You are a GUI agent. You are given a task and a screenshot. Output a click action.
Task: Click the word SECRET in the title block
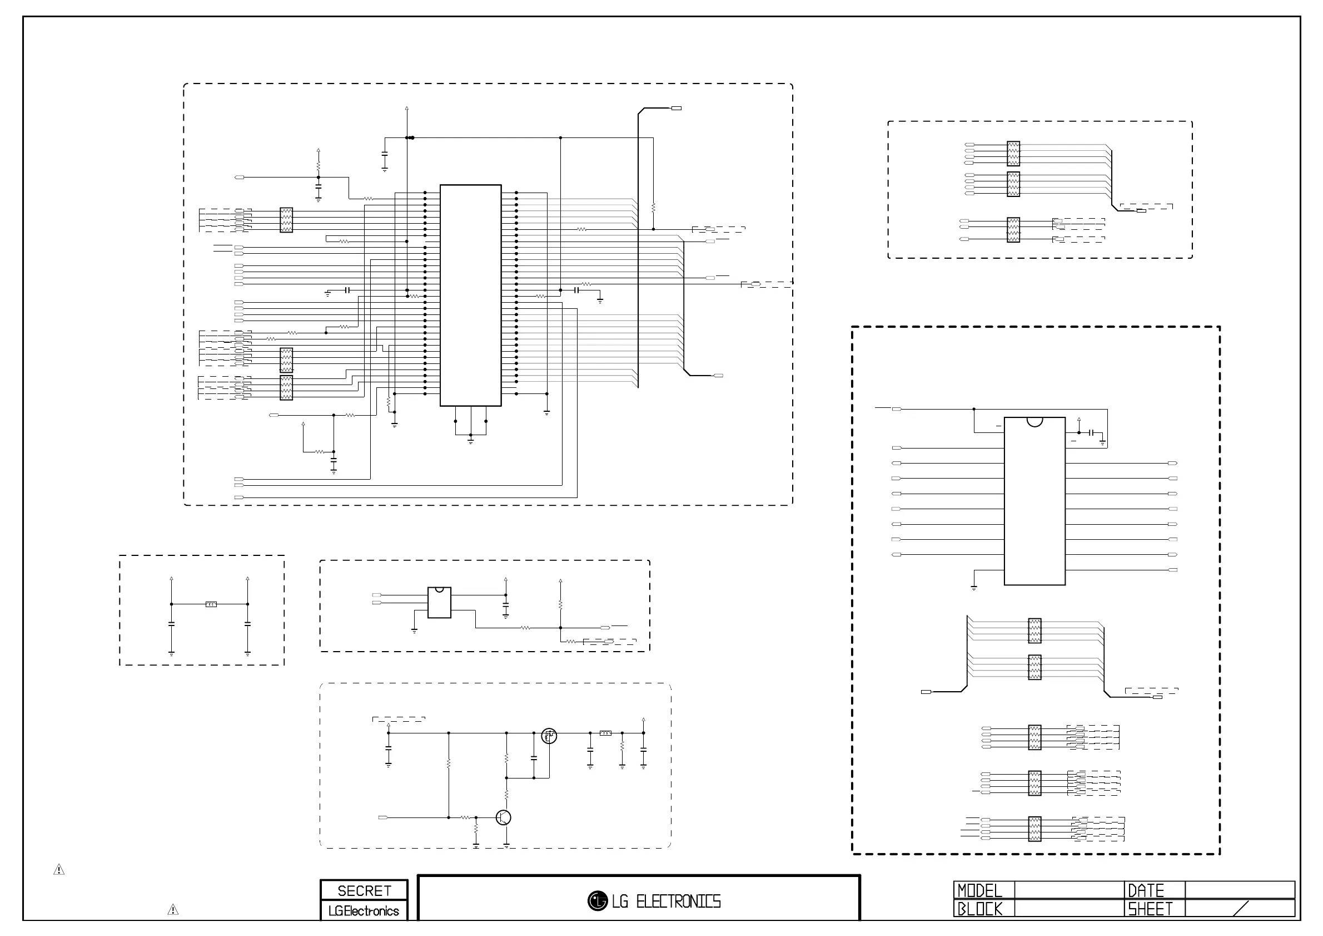pos(364,891)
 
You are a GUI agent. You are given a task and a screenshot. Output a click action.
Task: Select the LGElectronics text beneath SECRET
pos(364,911)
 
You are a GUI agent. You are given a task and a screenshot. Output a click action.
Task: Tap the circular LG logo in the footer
pos(598,901)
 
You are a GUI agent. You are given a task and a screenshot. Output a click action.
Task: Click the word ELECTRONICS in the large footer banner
pos(678,901)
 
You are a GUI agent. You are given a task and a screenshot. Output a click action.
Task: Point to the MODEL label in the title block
pos(979,891)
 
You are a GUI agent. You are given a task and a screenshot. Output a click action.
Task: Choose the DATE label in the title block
pos(1146,891)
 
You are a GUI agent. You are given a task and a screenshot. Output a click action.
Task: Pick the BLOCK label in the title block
pos(979,909)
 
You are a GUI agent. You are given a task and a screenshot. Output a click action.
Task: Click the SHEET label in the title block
pos(1150,909)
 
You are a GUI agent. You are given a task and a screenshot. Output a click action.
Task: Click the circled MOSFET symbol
pos(549,736)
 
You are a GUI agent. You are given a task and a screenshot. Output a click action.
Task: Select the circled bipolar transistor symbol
pos(504,817)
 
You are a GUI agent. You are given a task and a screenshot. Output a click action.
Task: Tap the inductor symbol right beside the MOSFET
pos(605,733)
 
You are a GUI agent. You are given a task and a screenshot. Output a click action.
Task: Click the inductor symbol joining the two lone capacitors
pos(211,604)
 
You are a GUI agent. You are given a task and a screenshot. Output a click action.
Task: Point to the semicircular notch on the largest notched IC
pos(1034,422)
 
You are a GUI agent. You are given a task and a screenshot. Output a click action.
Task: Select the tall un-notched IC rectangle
pos(470,295)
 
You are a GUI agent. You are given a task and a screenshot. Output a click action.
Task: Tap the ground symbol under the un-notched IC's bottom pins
pos(471,441)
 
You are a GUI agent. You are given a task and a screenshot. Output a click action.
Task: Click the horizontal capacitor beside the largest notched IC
pos(1091,432)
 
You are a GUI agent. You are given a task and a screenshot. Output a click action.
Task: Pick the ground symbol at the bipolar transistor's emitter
pos(506,845)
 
